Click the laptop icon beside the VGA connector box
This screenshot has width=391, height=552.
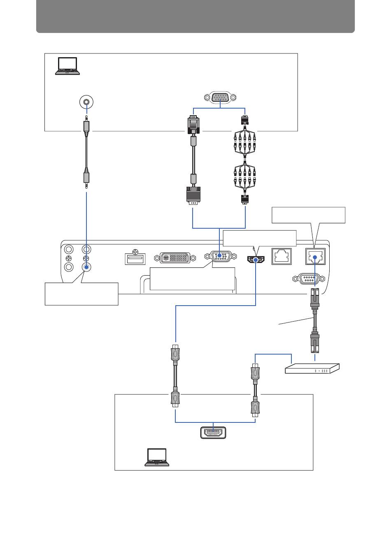(x=67, y=66)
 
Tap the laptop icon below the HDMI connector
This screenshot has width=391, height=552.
(x=157, y=457)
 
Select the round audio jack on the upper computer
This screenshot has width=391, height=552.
(x=86, y=102)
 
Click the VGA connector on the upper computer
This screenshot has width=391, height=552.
(x=220, y=98)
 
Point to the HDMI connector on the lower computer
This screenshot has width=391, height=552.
(x=213, y=433)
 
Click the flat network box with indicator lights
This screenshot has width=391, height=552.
(x=312, y=368)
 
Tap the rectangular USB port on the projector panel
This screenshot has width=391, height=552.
(x=135, y=259)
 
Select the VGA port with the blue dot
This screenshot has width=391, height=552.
(x=220, y=256)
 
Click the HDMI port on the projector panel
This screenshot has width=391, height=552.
(x=256, y=260)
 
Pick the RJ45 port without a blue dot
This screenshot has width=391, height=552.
(x=282, y=256)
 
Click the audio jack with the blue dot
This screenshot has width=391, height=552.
(x=86, y=267)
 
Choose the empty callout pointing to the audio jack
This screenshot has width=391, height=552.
(x=81, y=294)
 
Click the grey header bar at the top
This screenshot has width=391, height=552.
(x=195, y=16)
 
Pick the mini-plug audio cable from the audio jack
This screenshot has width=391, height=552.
(x=86, y=152)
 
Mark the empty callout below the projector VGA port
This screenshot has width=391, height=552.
(x=192, y=279)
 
